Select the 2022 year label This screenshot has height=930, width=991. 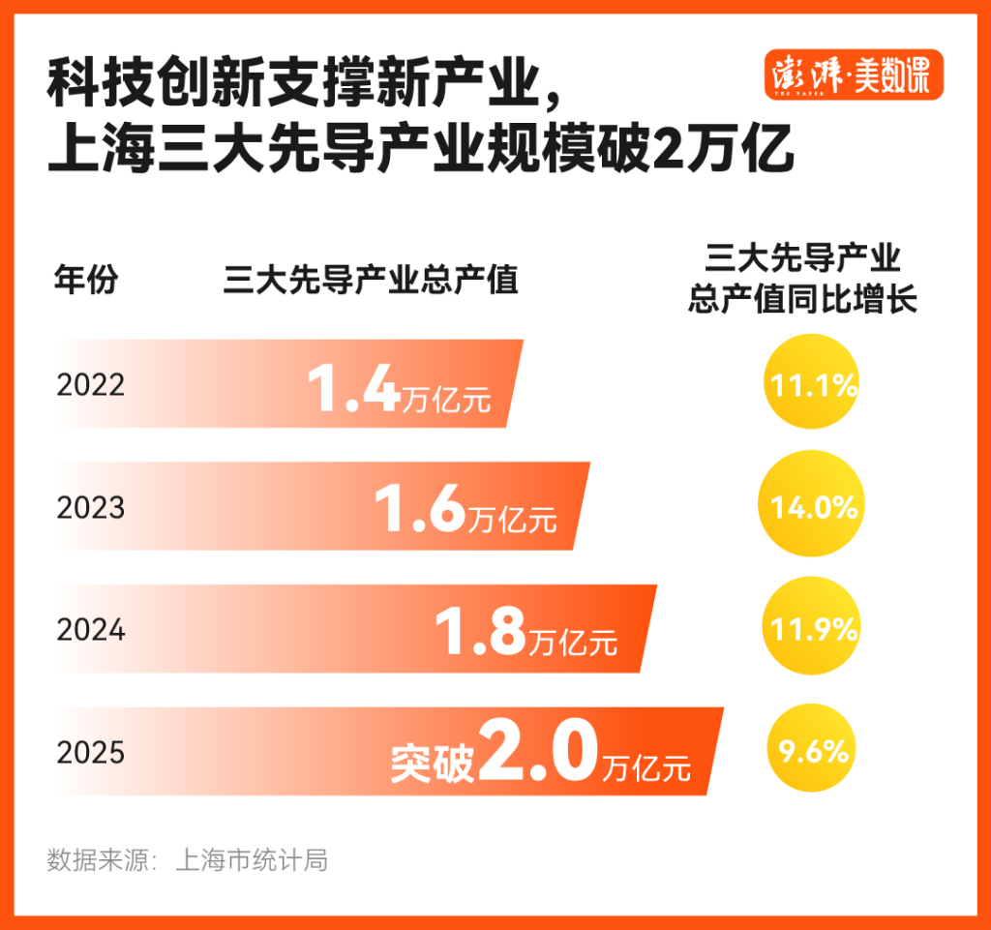pyautogui.click(x=91, y=385)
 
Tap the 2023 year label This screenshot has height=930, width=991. pyautogui.click(x=91, y=507)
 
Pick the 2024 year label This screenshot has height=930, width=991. pyautogui.click(x=91, y=630)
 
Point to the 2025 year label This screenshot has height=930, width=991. pyautogui.click(x=91, y=753)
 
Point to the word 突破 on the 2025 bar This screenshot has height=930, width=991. pyautogui.click(x=433, y=763)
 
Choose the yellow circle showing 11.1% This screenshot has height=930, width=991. pyautogui.click(x=813, y=385)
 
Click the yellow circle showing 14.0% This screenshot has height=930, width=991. pyautogui.click(x=813, y=506)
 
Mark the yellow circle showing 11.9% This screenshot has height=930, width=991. pyautogui.click(x=813, y=630)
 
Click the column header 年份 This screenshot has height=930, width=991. pyautogui.click(x=85, y=281)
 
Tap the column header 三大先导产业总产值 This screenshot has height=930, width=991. pyautogui.click(x=371, y=281)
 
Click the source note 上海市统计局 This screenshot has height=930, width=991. pyautogui.click(x=252, y=859)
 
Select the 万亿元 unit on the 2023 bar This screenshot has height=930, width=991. pyautogui.click(x=513, y=519)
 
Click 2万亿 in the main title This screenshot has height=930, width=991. pyautogui.click(x=724, y=152)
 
